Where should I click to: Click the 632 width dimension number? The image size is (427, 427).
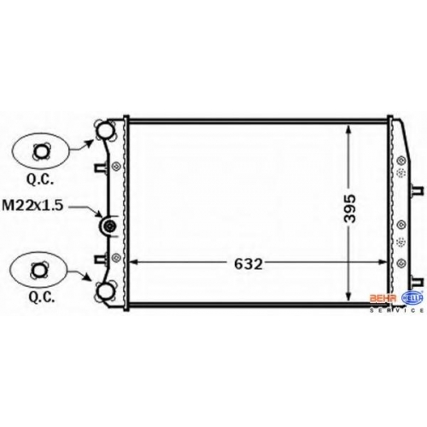coord(248,264)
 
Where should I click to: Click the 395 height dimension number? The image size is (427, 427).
coord(350,208)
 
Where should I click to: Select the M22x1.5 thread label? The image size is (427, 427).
coord(32,205)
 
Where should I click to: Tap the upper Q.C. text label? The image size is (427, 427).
coord(40,179)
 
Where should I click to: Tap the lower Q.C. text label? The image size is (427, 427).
coord(42,297)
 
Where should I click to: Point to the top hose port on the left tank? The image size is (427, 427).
coord(105,131)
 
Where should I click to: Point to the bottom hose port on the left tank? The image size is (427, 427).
coord(106,290)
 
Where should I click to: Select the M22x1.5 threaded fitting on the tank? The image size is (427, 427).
coord(109,226)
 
